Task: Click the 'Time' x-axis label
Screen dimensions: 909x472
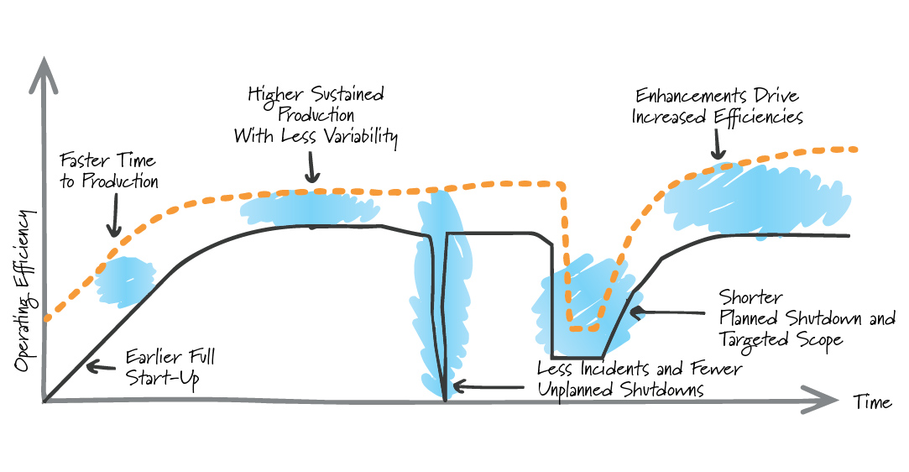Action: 872,401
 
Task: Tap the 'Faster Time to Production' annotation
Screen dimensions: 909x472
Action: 108,170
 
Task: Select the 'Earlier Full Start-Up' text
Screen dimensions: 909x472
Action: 170,367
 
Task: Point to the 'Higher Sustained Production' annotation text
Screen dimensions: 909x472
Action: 316,104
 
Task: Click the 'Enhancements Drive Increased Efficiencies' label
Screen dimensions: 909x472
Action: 717,106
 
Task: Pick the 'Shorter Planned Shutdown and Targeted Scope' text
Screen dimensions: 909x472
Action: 807,319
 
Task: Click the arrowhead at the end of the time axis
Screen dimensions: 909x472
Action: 821,399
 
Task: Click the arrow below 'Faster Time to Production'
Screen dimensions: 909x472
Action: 115,215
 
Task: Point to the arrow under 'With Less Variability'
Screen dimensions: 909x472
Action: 313,167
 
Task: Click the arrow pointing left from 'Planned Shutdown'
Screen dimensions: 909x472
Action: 666,312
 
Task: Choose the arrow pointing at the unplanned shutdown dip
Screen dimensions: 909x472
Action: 488,386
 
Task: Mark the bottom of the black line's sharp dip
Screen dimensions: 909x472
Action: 445,400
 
